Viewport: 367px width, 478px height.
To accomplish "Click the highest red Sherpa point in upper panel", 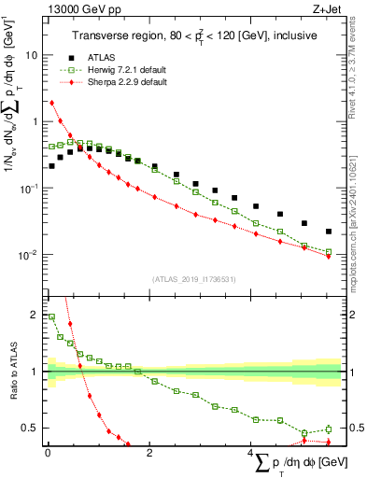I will click(51, 103).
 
